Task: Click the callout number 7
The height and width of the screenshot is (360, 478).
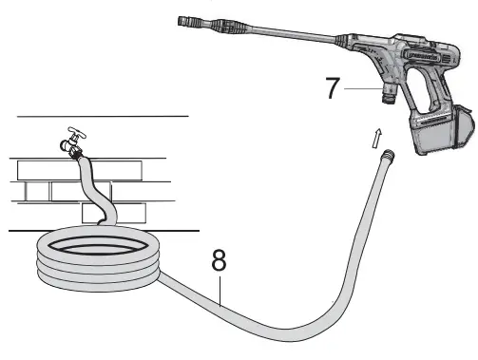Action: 333,88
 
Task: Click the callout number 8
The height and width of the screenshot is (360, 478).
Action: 220,259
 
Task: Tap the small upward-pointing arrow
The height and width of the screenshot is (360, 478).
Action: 379,136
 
